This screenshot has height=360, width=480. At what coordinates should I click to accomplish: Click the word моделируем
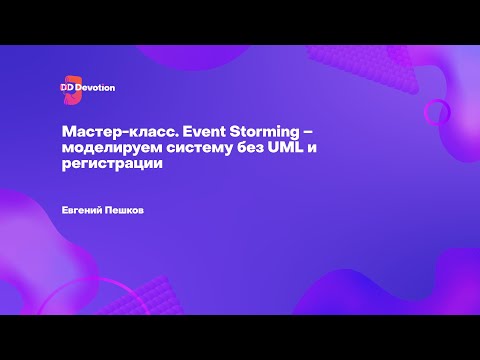coord(101,149)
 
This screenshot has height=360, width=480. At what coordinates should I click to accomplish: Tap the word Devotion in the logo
coord(96,88)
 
